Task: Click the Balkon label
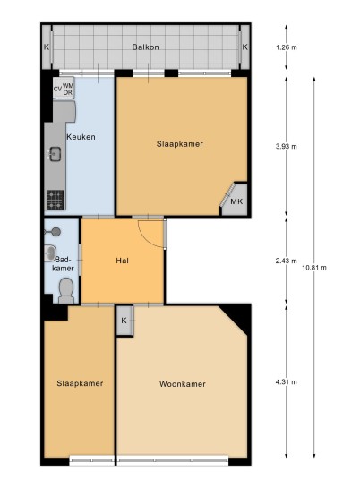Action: pyautogui.click(x=145, y=47)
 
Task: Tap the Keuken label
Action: pyautogui.click(x=81, y=137)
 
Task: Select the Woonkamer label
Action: pyautogui.click(x=183, y=384)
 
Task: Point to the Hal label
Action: pyautogui.click(x=122, y=261)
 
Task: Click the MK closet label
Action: pyautogui.click(x=236, y=201)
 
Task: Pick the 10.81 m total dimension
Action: pyautogui.click(x=314, y=268)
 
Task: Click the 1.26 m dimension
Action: pyautogui.click(x=287, y=47)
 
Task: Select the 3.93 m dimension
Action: pyautogui.click(x=287, y=146)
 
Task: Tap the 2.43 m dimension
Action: pyautogui.click(x=287, y=261)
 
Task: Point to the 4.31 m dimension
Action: pyautogui.click(x=287, y=382)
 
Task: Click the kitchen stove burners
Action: pyautogui.click(x=56, y=200)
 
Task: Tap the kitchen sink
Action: pyautogui.click(x=56, y=154)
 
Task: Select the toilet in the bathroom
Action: pyautogui.click(x=66, y=290)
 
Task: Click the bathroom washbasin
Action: pyautogui.click(x=49, y=253)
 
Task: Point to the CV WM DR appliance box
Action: pyautogui.click(x=64, y=88)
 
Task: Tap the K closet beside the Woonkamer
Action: pyautogui.click(x=125, y=321)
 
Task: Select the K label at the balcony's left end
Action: pyautogui.click(x=47, y=47)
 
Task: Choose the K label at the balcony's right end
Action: pyautogui.click(x=244, y=47)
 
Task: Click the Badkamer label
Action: pyautogui.click(x=63, y=264)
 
